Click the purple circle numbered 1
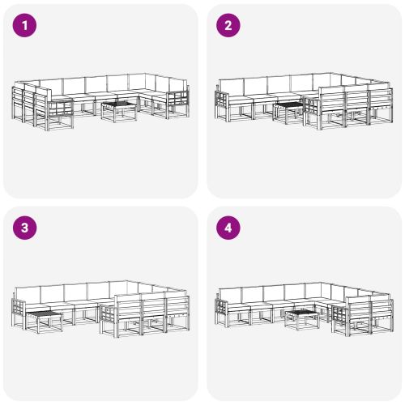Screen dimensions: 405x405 click(24, 25)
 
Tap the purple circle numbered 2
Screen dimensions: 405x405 click(228, 25)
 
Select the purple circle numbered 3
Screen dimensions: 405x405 click(24, 228)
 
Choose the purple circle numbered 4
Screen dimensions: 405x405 click(228, 228)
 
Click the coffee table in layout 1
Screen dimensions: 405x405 click(119, 111)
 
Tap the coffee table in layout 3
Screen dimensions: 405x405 click(45, 322)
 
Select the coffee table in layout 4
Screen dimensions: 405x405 click(302, 320)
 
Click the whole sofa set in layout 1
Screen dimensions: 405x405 click(100, 102)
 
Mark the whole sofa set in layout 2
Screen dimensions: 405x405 click(304, 101)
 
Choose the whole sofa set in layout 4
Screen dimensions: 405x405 click(304, 309)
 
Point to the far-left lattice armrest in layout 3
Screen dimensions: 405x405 click(19, 314)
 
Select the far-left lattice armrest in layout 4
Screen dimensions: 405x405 click(222, 313)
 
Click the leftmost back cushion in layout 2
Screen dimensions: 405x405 click(231, 87)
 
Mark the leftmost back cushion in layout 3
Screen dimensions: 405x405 click(28, 295)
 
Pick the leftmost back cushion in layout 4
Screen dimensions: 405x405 click(230, 296)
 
